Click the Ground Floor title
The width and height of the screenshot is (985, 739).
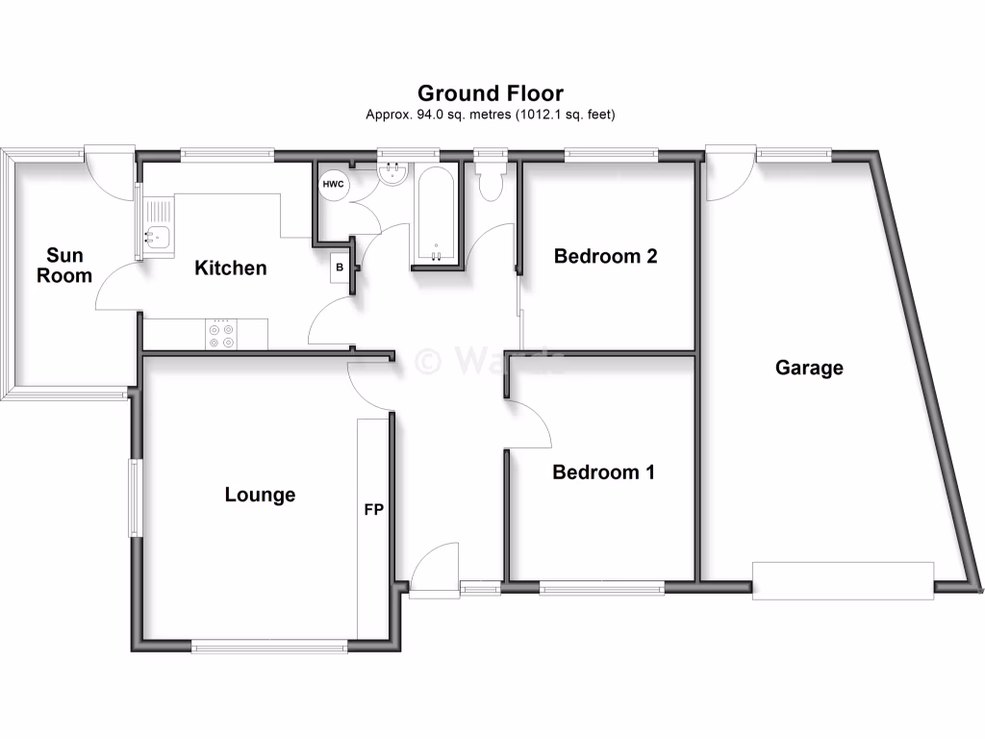pyautogui.click(x=490, y=93)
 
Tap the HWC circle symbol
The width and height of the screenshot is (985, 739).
pyautogui.click(x=333, y=184)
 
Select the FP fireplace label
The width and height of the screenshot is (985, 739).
pyautogui.click(x=373, y=509)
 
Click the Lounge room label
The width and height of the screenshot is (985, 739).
pyautogui.click(x=260, y=495)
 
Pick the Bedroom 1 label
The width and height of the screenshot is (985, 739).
pyautogui.click(x=603, y=472)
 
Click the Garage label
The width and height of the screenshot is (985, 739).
pyautogui.click(x=809, y=368)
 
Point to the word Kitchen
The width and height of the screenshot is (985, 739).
pyautogui.click(x=230, y=268)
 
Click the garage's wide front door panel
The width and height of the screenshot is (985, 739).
pyautogui.click(x=843, y=580)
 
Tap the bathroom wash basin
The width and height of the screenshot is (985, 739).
pyautogui.click(x=394, y=173)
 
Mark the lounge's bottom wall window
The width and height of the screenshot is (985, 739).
pyautogui.click(x=270, y=648)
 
